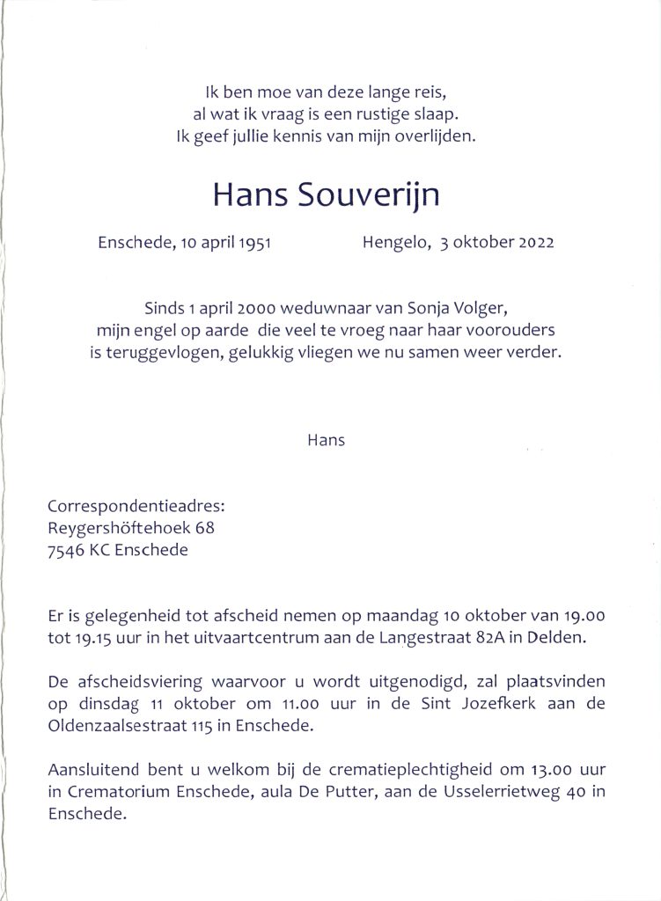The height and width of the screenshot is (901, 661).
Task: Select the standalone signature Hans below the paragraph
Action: (x=326, y=440)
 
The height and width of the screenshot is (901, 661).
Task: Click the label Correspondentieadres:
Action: (x=136, y=506)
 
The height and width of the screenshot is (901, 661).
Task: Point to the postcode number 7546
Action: (x=65, y=551)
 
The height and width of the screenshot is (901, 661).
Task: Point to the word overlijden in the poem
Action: (x=438, y=136)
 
